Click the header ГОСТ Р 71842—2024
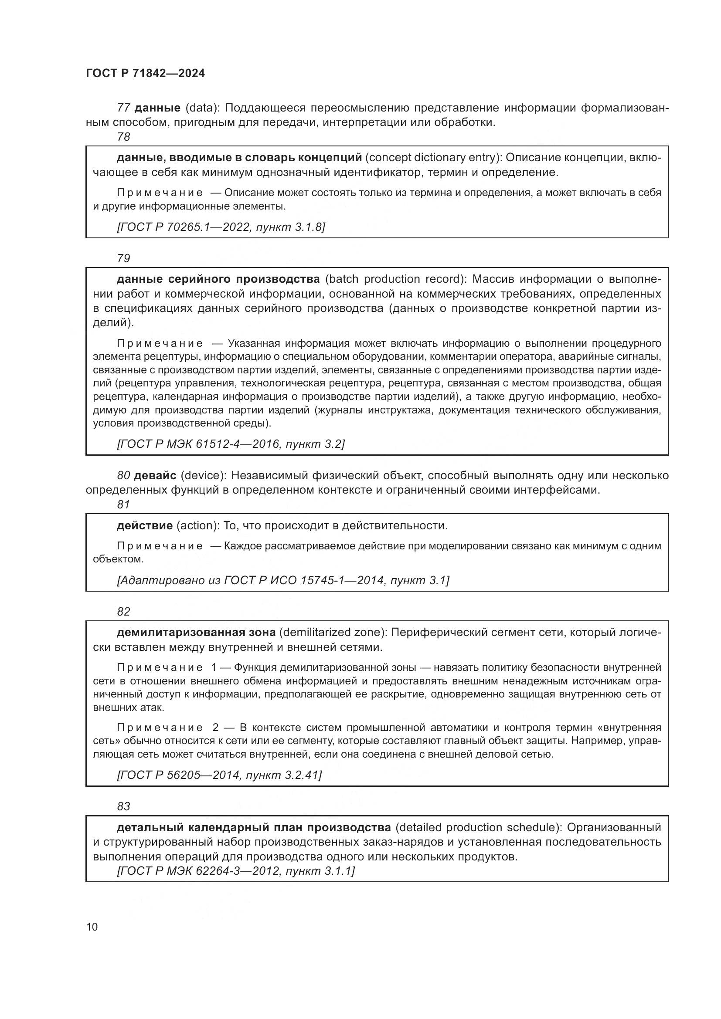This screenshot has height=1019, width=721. coord(145,74)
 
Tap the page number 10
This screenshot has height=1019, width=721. coord(92,927)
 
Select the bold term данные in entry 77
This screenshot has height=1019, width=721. coord(157,108)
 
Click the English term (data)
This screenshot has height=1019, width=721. coord(203,108)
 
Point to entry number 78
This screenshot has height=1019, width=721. coord(123,137)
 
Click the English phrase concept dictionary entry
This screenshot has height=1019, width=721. coord(433,158)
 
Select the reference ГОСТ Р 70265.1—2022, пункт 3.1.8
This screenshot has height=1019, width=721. coord(221,227)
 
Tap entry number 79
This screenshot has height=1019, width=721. coord(123,258)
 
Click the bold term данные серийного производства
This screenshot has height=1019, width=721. coord(218,279)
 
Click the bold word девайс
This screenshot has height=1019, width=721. coord(155,476)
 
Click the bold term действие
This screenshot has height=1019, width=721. coord(144,526)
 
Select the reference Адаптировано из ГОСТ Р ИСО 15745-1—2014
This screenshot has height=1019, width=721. coord(283,580)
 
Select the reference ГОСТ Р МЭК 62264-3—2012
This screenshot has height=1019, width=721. coord(236,871)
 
